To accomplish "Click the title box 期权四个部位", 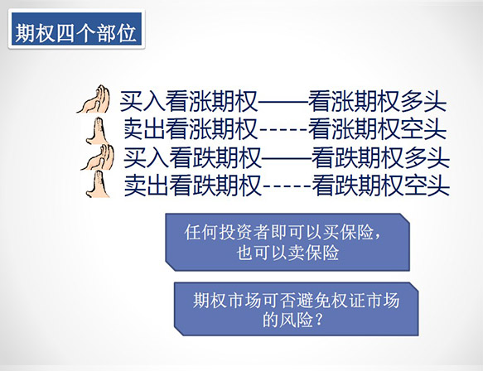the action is [x=76, y=29].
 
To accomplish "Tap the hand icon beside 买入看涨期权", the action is [x=93, y=99].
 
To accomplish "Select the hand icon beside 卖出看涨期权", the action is [x=97, y=131].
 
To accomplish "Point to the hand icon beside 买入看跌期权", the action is [x=97, y=157].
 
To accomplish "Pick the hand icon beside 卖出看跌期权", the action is [x=98, y=184].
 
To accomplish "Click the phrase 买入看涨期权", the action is [x=189, y=101].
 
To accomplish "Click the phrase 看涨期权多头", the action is [x=377, y=101].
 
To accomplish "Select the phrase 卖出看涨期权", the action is [x=191, y=128].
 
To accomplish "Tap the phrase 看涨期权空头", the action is [x=377, y=128].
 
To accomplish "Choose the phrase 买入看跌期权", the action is [x=192, y=157].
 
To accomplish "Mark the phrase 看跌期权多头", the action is [x=381, y=157].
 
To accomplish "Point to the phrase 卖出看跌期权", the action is [x=193, y=185].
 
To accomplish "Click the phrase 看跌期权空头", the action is [x=381, y=185].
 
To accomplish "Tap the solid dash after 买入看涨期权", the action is [x=283, y=101].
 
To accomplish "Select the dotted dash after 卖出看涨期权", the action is [x=283, y=130].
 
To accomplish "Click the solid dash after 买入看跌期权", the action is [x=287, y=158].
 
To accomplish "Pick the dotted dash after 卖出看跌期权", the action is [x=287, y=186].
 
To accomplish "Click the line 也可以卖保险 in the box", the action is [x=288, y=253].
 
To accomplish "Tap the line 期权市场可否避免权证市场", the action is [x=296, y=300].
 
